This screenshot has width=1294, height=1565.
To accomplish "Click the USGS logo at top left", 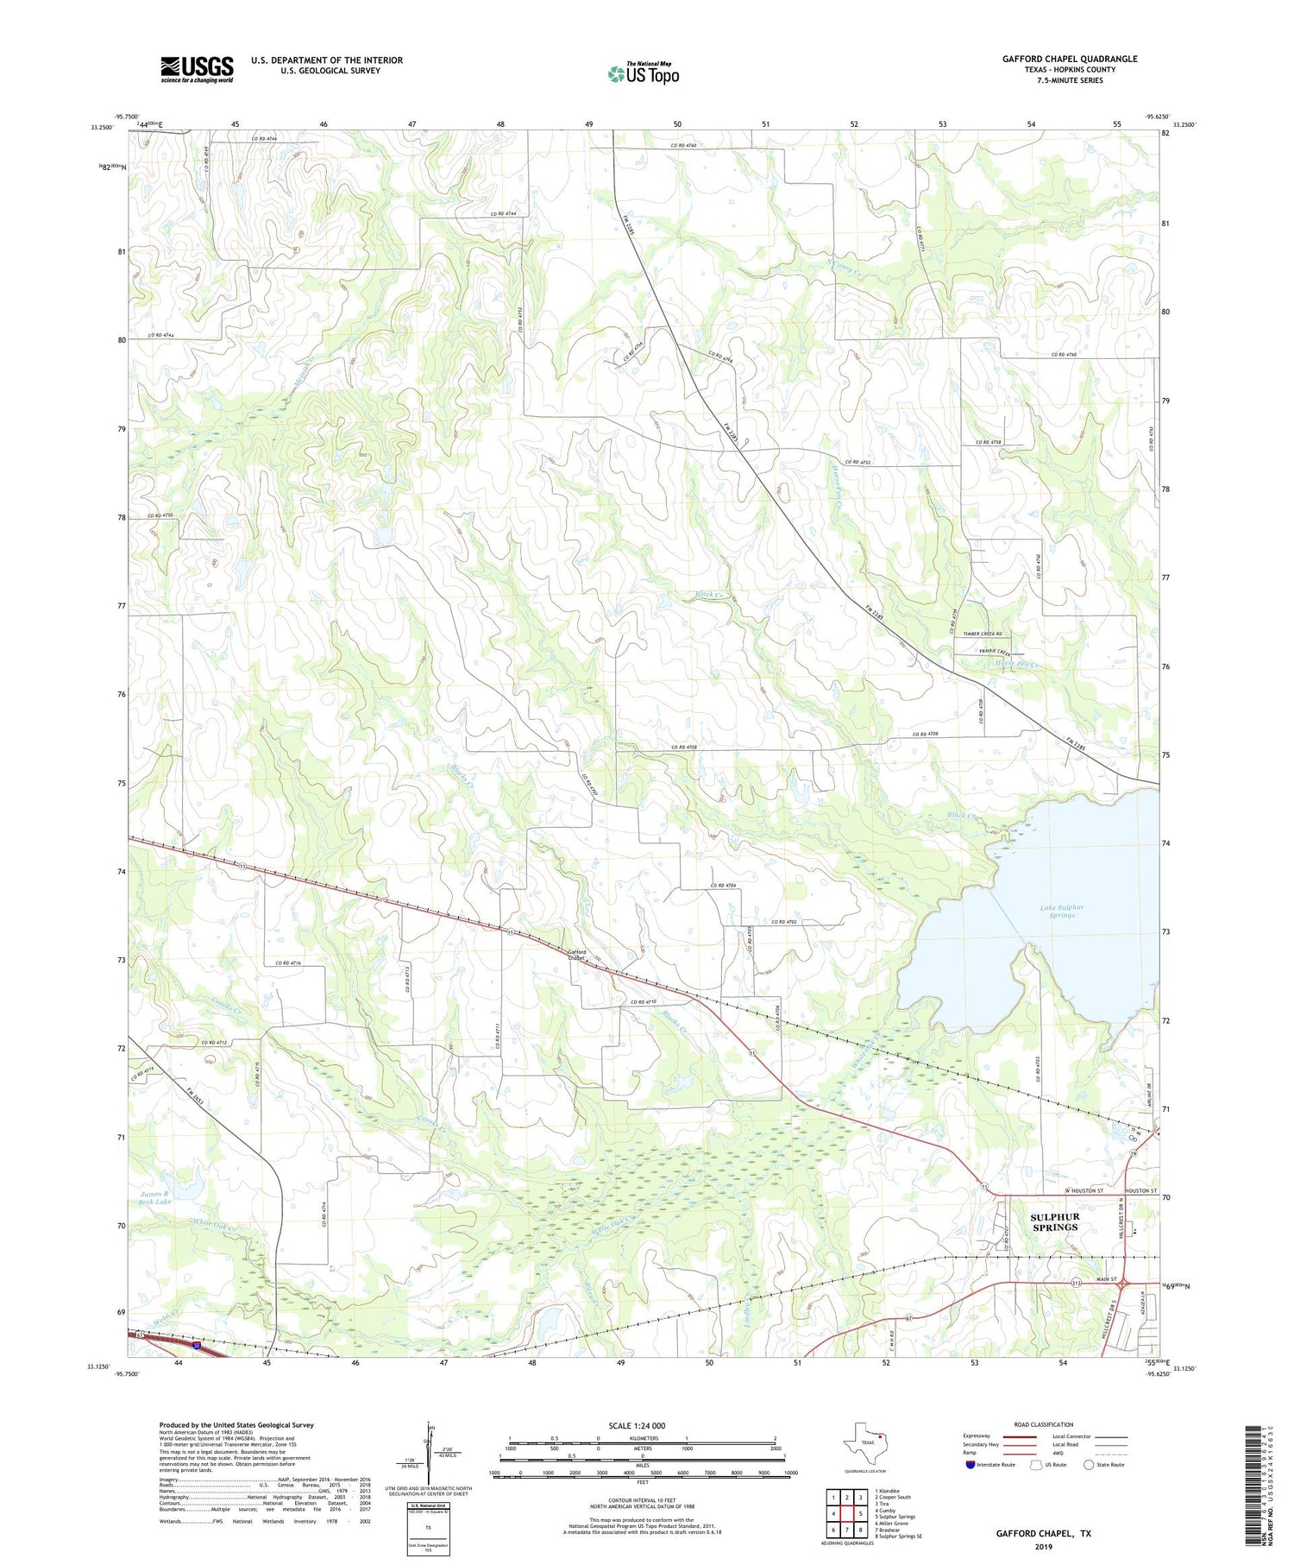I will (197, 69).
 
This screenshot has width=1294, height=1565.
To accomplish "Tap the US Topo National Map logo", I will (643, 73).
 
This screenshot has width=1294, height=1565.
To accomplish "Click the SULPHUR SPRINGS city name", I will (1054, 1221).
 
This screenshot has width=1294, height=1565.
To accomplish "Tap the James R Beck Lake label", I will (155, 1196).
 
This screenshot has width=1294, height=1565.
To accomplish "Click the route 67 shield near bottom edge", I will (908, 1317).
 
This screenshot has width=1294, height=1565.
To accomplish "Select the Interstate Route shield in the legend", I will (970, 1465).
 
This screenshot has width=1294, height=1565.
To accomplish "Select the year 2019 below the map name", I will (1043, 1548).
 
